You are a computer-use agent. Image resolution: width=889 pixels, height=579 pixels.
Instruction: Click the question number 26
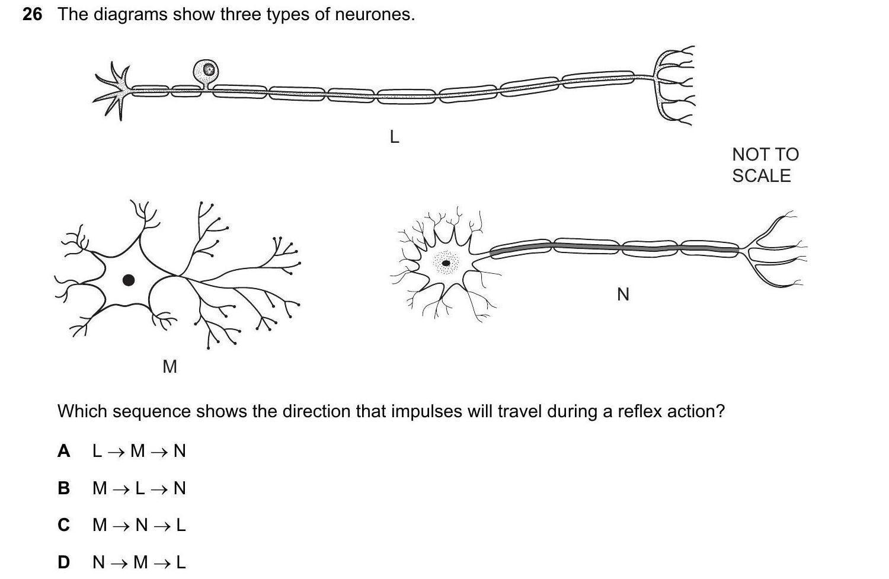pos(32,14)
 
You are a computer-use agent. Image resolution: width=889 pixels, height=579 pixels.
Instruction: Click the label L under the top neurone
pos(394,137)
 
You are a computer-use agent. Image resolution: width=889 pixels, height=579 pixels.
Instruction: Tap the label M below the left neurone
pos(170,367)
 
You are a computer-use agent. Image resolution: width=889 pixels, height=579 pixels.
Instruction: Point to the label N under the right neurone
pos(623,294)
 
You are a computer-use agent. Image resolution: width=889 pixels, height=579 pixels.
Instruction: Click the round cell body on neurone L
pos(206,71)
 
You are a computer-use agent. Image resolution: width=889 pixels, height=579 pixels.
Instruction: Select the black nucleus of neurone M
pos(128,280)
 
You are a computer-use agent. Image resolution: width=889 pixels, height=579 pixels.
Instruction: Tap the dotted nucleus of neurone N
pos(446,263)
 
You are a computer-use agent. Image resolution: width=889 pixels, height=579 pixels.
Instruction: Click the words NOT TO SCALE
pos(765,165)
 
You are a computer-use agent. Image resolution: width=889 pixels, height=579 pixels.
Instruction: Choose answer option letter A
pos(64,451)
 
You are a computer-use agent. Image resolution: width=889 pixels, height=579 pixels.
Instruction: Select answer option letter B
pos(64,488)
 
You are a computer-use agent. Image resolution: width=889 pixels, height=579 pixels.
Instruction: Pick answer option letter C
pos(64,525)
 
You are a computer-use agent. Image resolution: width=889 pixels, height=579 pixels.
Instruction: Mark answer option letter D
pos(64,562)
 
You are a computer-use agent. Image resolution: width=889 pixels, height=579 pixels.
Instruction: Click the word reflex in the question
pos(641,411)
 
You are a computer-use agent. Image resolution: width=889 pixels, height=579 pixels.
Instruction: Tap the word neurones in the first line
pos(374,14)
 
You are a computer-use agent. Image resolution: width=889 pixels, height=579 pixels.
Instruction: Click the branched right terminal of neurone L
pos(674,86)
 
